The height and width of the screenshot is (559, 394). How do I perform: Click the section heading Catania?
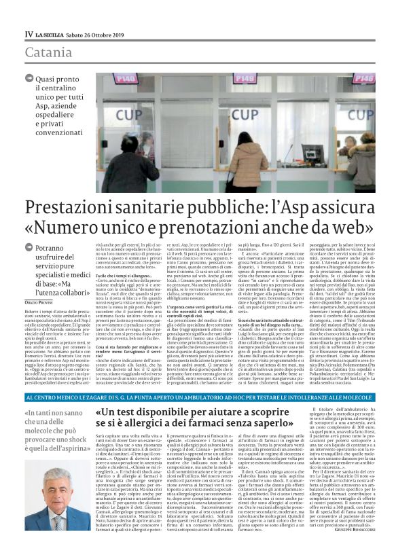tap(48, 52)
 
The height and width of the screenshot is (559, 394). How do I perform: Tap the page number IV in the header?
tap(28, 34)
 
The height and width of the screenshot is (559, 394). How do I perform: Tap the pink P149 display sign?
tap(126, 79)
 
